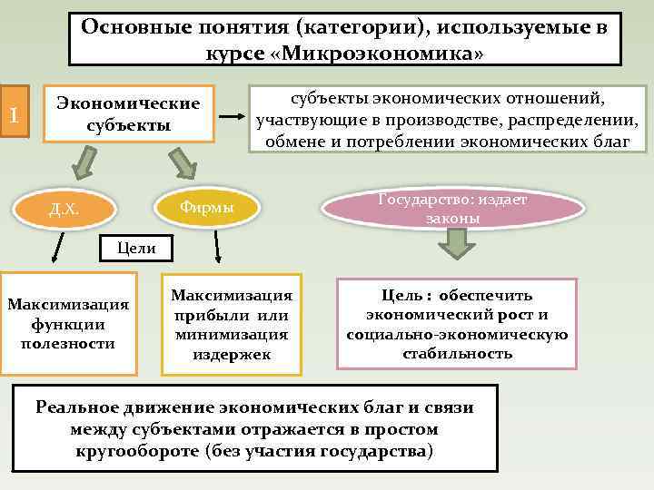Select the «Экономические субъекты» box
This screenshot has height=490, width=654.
[129, 113]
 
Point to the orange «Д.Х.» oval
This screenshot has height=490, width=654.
[64, 211]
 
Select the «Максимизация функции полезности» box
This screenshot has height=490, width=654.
[67, 323]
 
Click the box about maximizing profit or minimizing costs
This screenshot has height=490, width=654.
[231, 324]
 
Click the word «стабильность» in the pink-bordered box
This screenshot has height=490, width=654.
[457, 353]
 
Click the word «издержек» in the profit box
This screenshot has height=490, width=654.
[232, 353]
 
